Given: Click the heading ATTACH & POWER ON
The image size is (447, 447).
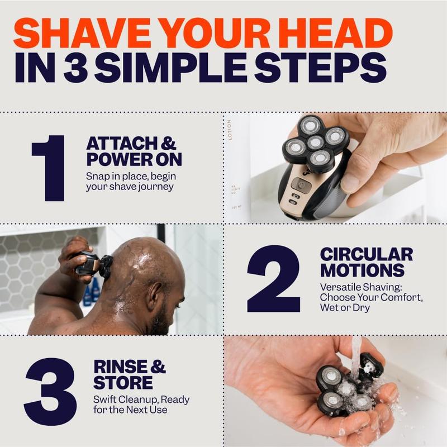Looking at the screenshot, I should click(x=134, y=151).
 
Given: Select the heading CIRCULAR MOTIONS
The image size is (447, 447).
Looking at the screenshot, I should click(x=366, y=262).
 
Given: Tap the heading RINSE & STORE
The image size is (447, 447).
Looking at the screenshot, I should click(x=130, y=375).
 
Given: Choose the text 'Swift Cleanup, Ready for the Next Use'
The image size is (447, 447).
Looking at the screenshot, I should click(x=141, y=405).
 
